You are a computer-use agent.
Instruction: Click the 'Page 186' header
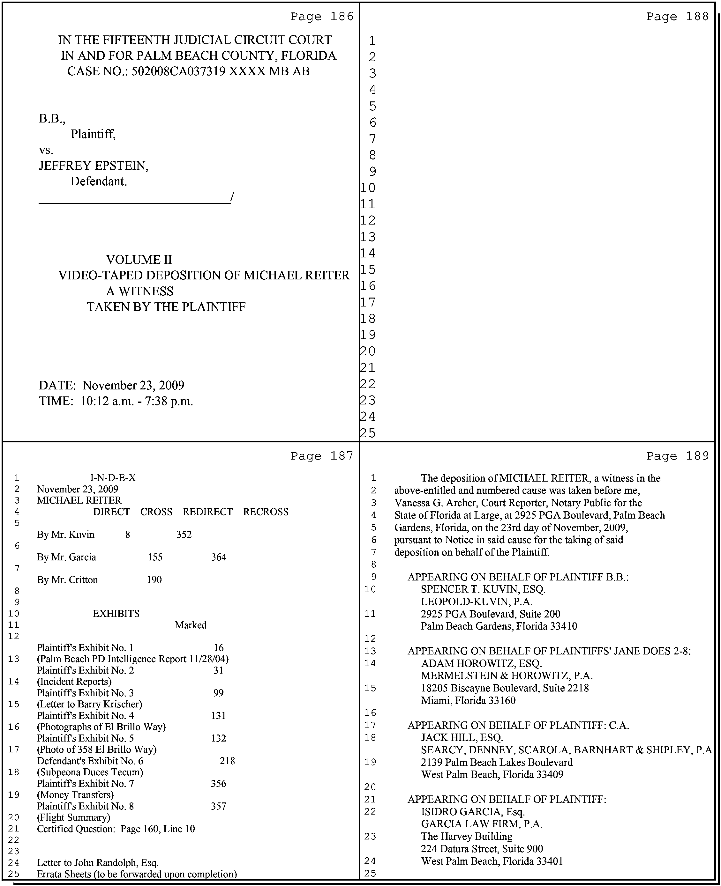coord(321,17)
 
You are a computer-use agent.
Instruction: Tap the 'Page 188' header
coord(677,17)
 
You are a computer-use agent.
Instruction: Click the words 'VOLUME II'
coord(139,260)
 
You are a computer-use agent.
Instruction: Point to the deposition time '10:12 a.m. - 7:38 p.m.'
coord(138,401)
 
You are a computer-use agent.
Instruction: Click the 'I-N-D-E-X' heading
coord(113,478)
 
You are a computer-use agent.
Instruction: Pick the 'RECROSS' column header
coord(266,512)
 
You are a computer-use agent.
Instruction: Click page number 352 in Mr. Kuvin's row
coord(184,535)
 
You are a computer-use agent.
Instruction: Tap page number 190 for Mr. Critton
coord(154,580)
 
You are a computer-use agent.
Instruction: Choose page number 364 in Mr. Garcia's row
coord(218,557)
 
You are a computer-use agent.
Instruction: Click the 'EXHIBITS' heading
coord(116,613)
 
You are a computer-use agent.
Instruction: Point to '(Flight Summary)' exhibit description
coord(73,817)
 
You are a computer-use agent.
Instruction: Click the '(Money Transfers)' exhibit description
coord(75,795)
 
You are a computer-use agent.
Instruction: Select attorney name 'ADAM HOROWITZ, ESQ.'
coord(481,663)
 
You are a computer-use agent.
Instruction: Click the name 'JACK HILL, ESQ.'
coord(462,737)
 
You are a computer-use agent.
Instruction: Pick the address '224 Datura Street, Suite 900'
coord(482,849)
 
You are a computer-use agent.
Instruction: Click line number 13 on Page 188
coord(368,237)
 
